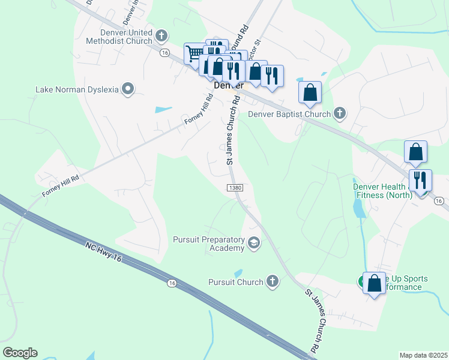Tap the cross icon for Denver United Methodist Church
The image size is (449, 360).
pos(161,37)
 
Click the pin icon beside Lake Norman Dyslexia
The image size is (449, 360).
pos(127,89)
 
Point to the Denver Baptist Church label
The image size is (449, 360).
pos(289,114)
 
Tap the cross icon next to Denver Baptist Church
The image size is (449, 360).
pos(340,113)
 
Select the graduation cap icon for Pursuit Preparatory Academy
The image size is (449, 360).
pos(254,243)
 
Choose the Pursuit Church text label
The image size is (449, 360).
pos(235,282)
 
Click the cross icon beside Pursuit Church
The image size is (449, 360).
pos(273,281)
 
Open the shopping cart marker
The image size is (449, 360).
pos(194,54)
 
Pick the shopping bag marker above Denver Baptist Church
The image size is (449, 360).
pos(310,92)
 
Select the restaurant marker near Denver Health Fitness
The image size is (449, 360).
pos(420,180)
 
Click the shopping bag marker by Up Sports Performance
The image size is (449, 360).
pos(375,283)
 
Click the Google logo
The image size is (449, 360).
pos(20,353)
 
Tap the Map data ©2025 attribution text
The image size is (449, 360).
pos(423,355)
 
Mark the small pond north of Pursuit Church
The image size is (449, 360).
pos(238,273)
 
